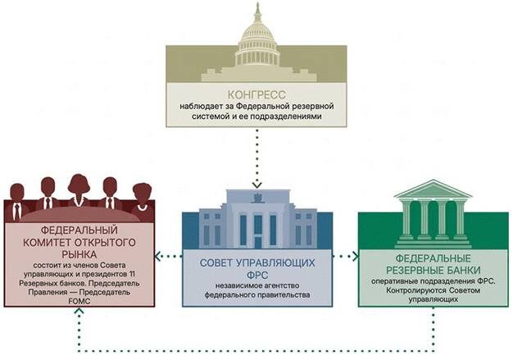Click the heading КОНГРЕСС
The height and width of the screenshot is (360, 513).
(x=256, y=94)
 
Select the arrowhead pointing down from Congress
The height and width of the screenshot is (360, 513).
(x=257, y=185)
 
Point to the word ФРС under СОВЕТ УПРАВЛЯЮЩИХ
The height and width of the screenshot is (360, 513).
(x=258, y=274)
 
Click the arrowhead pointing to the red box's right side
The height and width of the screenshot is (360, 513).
(x=157, y=256)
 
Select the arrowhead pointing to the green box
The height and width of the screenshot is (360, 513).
(x=355, y=256)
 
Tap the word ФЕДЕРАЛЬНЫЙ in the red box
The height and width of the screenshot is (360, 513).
(x=79, y=230)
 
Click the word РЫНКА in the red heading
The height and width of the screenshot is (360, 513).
(x=79, y=254)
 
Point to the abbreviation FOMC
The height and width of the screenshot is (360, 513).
(x=79, y=302)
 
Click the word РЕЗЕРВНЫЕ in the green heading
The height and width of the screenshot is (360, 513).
(x=411, y=271)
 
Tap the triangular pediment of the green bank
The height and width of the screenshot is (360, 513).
(x=434, y=189)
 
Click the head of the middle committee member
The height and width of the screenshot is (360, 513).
(x=79, y=184)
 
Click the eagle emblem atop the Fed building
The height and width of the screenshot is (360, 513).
(x=258, y=197)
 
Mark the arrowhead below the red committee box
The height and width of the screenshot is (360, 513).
(x=79, y=311)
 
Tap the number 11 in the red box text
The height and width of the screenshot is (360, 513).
(x=131, y=274)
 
